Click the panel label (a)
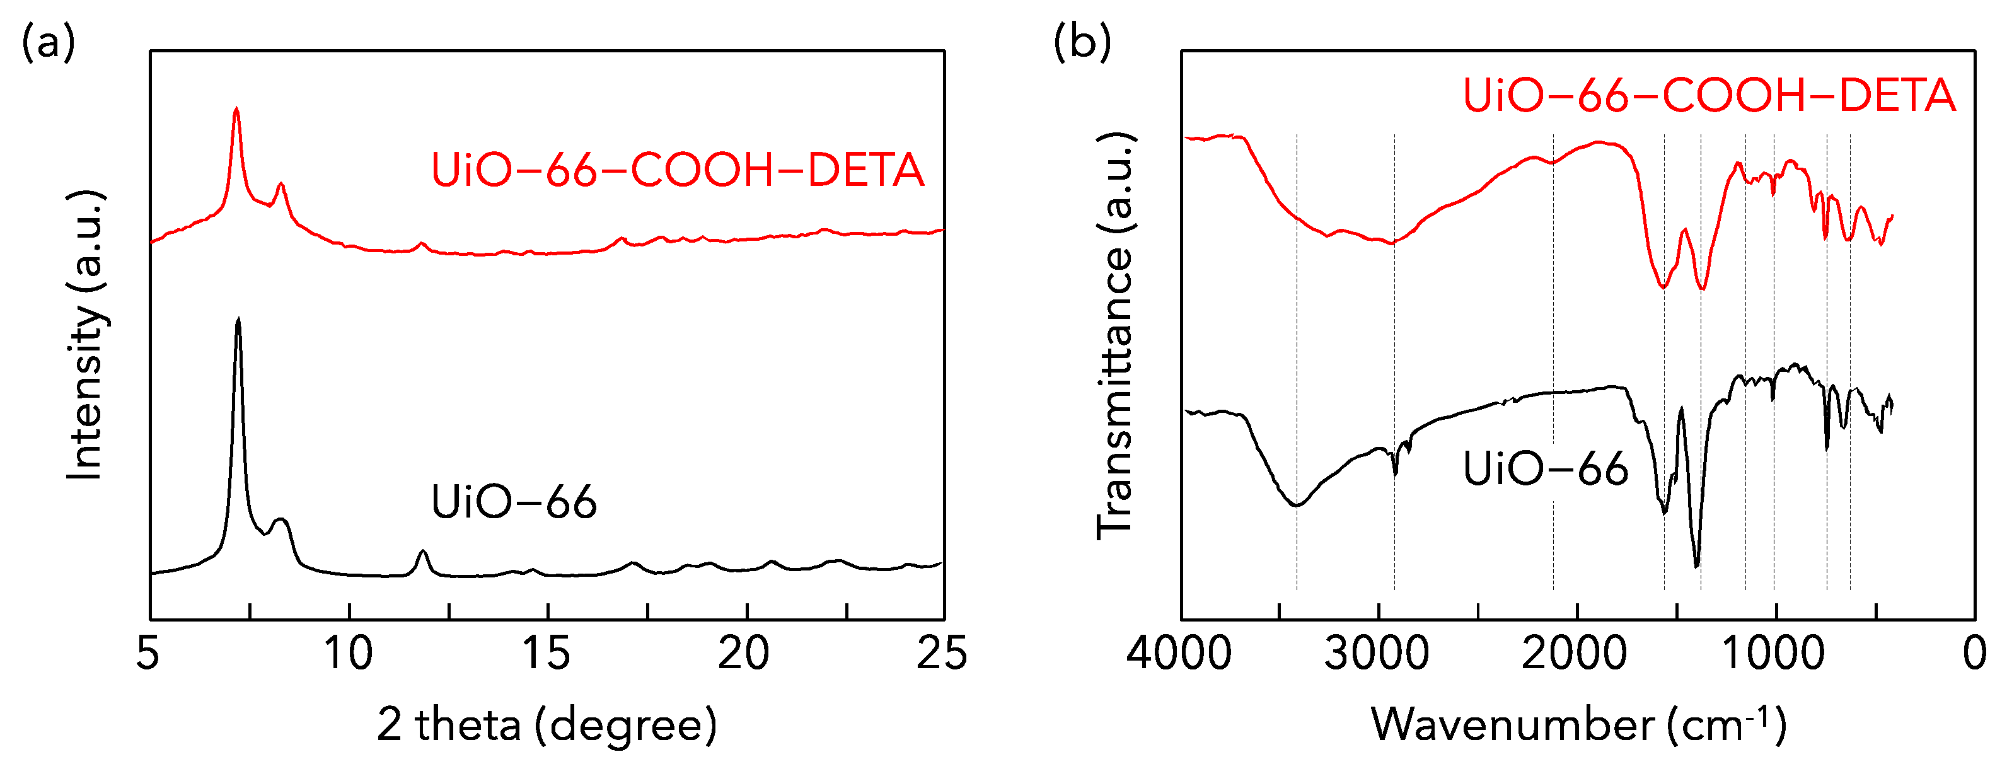(x=49, y=43)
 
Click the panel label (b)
(x=1082, y=43)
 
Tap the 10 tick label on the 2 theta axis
(x=349, y=652)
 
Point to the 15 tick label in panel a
(x=546, y=652)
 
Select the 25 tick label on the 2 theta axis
(x=941, y=652)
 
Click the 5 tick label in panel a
(x=148, y=652)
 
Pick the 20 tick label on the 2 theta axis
(x=744, y=652)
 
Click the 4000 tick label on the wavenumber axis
(x=1179, y=652)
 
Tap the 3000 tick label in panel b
(x=1377, y=652)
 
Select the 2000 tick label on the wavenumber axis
(x=1575, y=652)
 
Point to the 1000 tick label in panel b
(x=1773, y=652)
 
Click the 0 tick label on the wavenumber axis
(x=1974, y=652)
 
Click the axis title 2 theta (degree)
(x=547, y=724)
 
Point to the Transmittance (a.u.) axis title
(x=1116, y=335)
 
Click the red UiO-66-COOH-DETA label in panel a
(x=677, y=171)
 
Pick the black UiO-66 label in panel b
(x=1545, y=469)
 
